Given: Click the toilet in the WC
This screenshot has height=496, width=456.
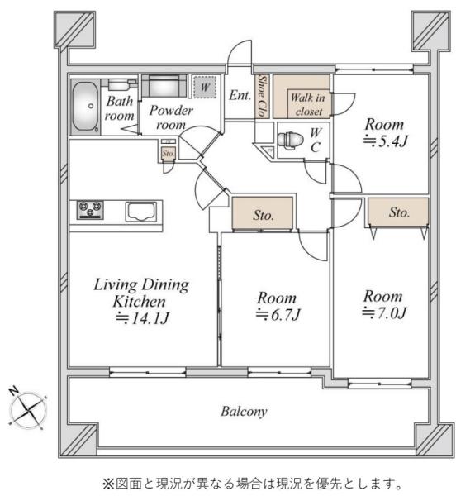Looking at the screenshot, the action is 286,140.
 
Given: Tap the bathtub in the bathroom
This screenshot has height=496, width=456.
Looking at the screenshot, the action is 85,107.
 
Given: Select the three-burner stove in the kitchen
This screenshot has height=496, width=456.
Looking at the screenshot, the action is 90,209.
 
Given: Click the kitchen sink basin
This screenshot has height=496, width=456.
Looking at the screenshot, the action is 141,211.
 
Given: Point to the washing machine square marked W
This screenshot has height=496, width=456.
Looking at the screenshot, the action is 205,87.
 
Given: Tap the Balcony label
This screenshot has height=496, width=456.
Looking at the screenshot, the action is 244,411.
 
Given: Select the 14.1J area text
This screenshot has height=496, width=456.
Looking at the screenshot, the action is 143,317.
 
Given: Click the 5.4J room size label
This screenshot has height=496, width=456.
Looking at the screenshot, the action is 386,141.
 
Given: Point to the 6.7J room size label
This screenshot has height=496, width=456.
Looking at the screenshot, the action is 278,314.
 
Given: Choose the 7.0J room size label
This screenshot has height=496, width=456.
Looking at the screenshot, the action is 383,312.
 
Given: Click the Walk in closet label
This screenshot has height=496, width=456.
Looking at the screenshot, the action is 308,104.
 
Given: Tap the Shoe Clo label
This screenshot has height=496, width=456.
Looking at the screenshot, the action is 263,96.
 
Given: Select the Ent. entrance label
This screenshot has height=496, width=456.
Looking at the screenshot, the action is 240,95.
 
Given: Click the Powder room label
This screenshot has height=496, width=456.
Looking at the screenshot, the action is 171,117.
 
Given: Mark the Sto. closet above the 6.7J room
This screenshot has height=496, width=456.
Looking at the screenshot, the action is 263,212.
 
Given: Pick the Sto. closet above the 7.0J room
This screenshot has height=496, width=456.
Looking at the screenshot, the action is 398,212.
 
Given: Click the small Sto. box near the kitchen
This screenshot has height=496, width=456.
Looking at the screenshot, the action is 168,154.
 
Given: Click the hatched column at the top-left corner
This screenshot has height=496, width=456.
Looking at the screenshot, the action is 75,30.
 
